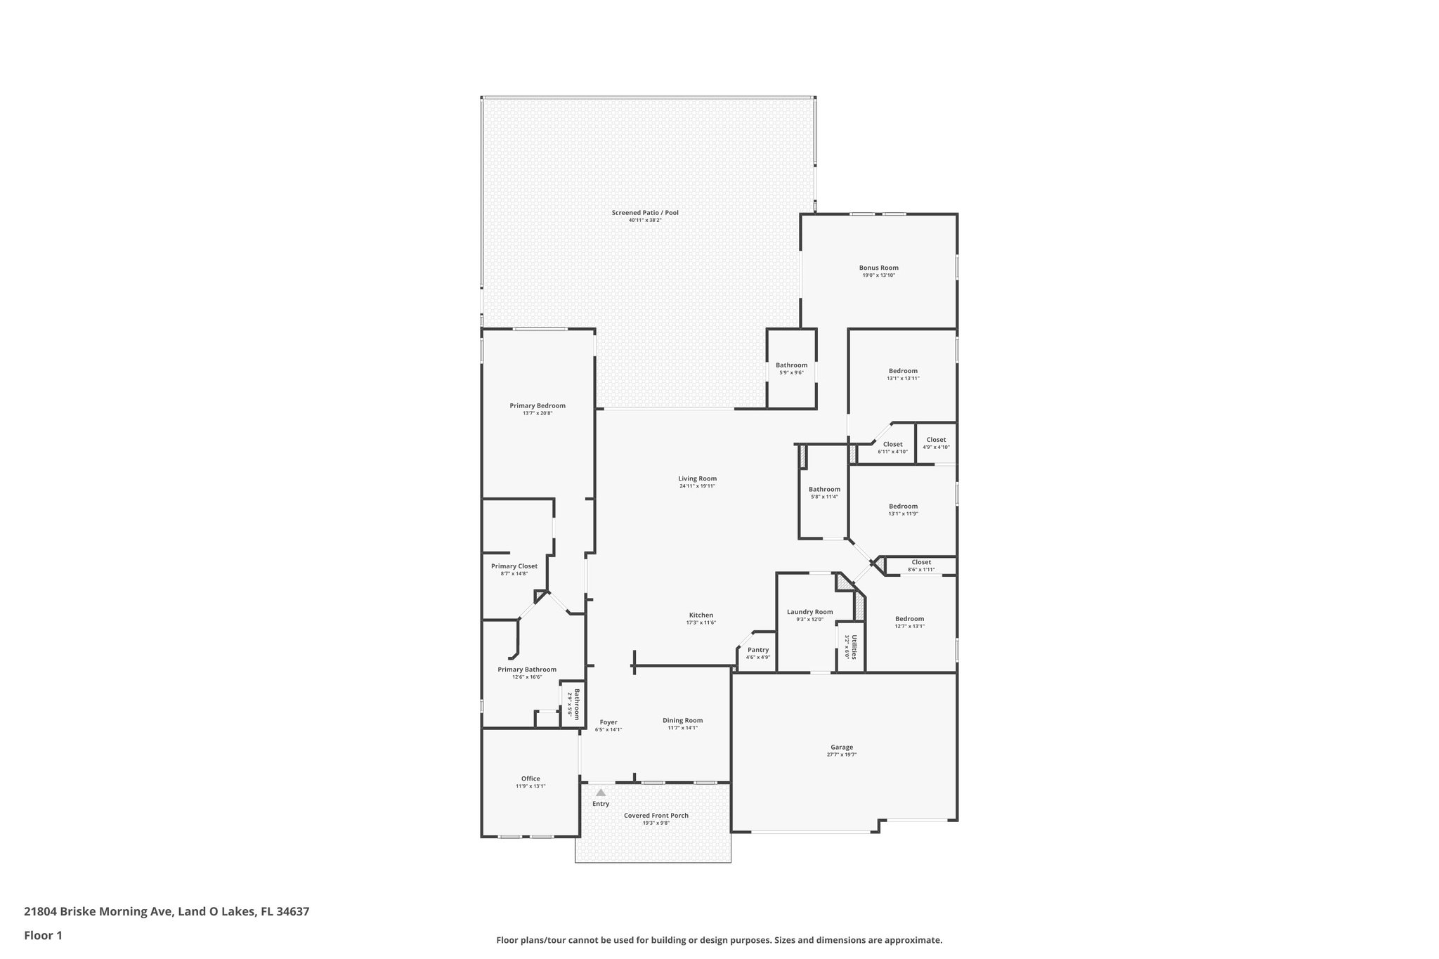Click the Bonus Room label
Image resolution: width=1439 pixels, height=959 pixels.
[878, 268]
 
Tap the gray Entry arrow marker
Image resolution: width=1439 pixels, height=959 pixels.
[600, 792]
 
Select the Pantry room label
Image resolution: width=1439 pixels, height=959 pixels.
[758, 650]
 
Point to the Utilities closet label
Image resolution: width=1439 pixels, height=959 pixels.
[854, 646]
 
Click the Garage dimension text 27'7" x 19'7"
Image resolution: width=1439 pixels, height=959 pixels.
[842, 755]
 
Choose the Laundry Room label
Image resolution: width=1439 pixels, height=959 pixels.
[809, 612]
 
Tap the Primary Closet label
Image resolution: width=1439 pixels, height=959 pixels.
[514, 566]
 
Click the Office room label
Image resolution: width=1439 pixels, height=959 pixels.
[530, 778]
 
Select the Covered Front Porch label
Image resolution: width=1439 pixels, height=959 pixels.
[656, 816]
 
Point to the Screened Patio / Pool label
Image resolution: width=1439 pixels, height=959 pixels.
[645, 213]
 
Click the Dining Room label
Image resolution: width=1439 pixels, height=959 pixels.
[682, 720]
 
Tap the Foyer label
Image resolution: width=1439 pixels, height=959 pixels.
[608, 722]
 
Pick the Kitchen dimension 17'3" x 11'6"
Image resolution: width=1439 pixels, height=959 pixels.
[701, 622]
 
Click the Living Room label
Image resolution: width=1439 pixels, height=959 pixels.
[697, 478]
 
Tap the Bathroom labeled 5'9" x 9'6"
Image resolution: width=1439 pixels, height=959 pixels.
[791, 365]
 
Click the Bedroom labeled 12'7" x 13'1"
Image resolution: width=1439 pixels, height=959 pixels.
[909, 619]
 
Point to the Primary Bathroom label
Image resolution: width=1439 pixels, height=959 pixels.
[527, 670]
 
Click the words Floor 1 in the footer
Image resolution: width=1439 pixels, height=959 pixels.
[44, 935]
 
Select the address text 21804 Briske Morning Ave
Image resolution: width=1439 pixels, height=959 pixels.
[98, 911]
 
